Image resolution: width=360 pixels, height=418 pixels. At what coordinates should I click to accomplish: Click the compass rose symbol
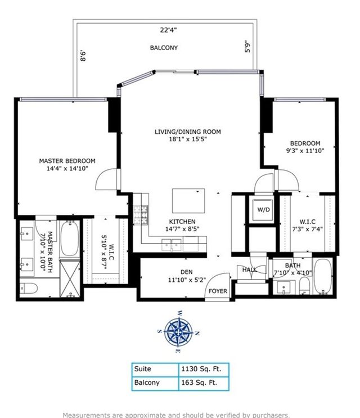(x=178, y=332)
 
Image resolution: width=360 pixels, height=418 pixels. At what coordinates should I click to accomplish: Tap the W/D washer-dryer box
(x=263, y=210)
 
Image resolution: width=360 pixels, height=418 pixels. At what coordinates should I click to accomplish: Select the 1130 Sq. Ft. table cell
(x=204, y=369)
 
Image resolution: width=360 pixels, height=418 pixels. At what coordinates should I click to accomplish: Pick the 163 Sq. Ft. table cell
(x=204, y=383)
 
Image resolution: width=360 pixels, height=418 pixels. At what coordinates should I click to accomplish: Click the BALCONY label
(x=164, y=48)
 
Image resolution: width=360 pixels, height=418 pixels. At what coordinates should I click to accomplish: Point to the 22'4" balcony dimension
(x=168, y=30)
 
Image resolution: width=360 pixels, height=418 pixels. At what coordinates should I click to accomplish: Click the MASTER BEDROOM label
(x=67, y=161)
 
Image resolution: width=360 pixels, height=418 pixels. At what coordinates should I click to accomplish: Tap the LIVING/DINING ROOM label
(x=188, y=132)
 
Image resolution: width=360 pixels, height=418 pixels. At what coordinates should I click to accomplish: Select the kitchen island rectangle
(x=188, y=201)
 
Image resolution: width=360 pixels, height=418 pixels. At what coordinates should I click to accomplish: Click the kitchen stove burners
(x=141, y=215)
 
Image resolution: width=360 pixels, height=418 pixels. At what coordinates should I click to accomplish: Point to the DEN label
(x=187, y=272)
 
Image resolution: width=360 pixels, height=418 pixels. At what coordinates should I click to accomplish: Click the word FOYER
(x=218, y=291)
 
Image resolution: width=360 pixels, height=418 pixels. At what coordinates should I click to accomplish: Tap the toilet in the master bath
(x=28, y=288)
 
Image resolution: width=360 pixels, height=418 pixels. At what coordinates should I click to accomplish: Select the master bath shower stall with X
(x=70, y=279)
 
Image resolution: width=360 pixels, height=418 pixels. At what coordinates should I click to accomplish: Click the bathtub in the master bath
(x=70, y=239)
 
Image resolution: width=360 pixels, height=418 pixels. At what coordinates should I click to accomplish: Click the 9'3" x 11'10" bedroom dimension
(x=305, y=151)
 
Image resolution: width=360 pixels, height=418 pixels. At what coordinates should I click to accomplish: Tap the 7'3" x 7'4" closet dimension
(x=308, y=229)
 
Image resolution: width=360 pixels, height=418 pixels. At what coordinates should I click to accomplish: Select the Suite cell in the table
(x=142, y=369)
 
